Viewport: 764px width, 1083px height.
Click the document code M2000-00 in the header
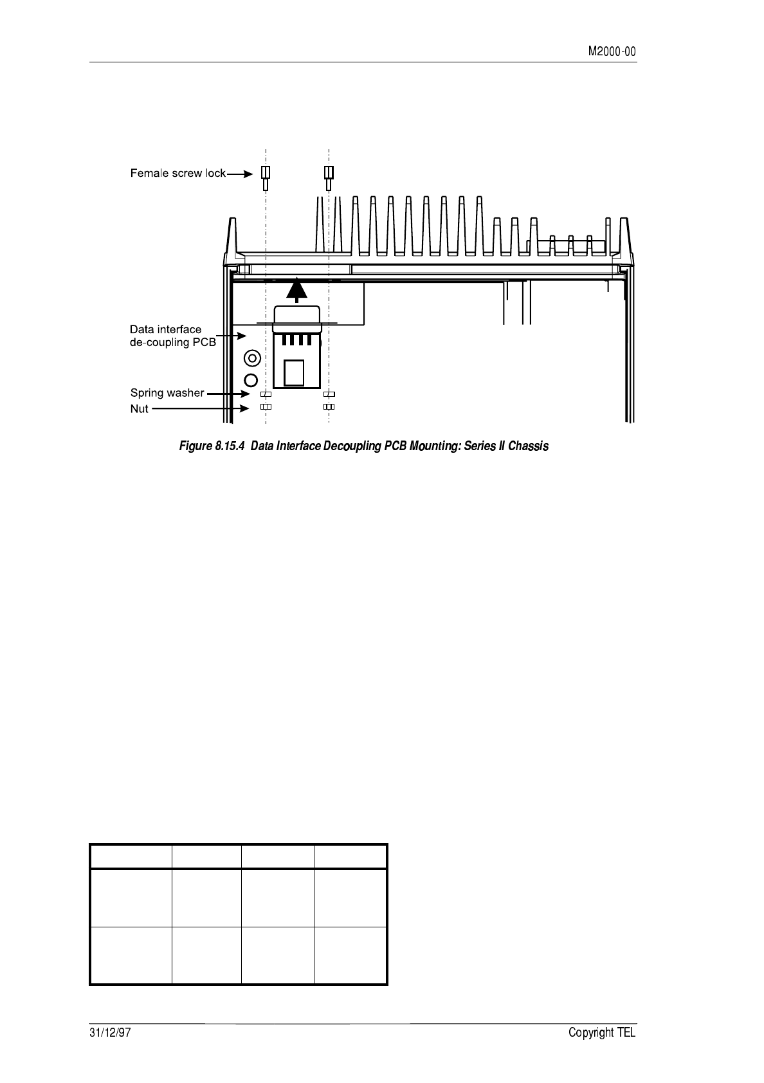coord(612,52)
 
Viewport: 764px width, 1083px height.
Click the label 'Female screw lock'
coord(177,173)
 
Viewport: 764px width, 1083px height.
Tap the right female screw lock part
coord(329,177)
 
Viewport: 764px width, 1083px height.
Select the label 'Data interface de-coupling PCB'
coord(172,336)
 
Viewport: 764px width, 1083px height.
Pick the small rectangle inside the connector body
coord(294,372)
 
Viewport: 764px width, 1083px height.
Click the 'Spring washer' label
coord(167,392)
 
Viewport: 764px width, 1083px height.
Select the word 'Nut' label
coord(139,408)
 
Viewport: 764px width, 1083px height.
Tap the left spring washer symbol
coord(266,394)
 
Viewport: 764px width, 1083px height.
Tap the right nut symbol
coord(329,407)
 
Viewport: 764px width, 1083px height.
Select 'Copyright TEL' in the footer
coord(602,1033)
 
